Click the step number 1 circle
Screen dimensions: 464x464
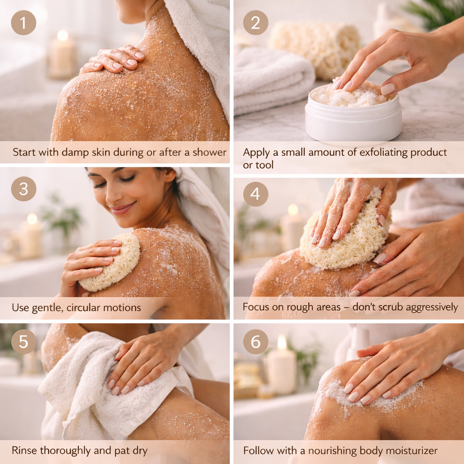coord(23,23)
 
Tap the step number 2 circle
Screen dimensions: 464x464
coord(256,23)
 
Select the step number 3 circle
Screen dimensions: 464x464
coord(23,189)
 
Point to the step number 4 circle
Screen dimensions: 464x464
coord(256,194)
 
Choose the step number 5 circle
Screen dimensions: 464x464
coord(23,342)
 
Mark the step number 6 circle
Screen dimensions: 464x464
coord(256,342)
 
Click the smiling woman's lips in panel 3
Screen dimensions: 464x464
coord(121,209)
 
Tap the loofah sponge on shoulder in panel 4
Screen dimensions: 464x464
coord(344,238)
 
